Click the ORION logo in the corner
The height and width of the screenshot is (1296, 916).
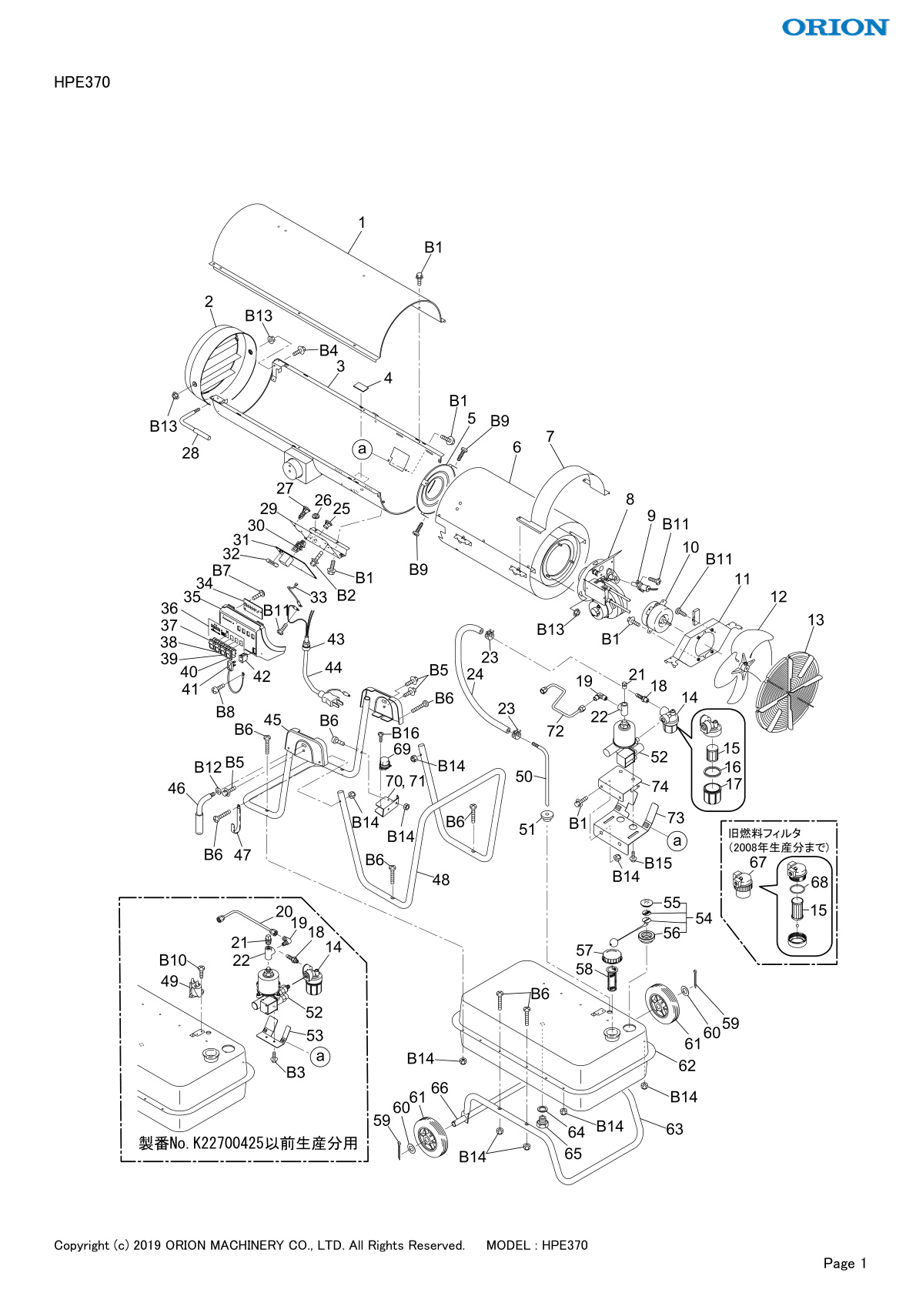coord(836,27)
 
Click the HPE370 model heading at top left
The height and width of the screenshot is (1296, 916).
coord(82,82)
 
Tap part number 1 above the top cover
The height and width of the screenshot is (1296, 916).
coord(362,222)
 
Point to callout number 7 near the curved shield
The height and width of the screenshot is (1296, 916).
coord(550,436)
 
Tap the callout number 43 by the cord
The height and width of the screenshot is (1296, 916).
coord(336,639)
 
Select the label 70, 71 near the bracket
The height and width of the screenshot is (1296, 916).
coord(405,781)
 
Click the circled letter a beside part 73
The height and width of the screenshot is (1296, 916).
coord(677,840)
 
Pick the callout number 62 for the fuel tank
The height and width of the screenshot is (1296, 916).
coord(687,1065)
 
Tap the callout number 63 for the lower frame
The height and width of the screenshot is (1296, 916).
coord(674,1129)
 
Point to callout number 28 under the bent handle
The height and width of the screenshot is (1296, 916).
coord(190,453)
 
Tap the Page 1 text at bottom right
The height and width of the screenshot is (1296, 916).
coord(845,1263)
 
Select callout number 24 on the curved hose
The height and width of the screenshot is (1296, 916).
coord(475,674)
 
